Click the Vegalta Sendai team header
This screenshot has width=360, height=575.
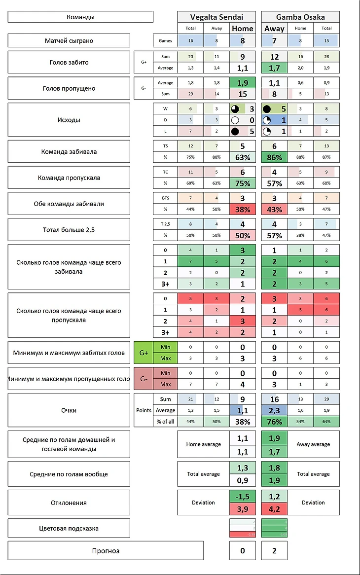click(x=216, y=17)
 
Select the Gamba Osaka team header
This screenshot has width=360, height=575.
click(x=300, y=17)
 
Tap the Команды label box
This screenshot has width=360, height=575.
click(x=80, y=17)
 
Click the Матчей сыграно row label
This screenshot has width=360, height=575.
click(x=69, y=40)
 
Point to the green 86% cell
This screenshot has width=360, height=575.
click(x=274, y=157)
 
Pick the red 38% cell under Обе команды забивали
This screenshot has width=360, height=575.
click(x=243, y=209)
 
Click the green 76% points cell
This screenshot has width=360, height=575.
click(x=274, y=422)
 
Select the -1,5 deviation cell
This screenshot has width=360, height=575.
click(x=243, y=497)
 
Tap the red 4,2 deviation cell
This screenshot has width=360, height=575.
click(x=274, y=509)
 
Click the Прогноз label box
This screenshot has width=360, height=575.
click(x=106, y=550)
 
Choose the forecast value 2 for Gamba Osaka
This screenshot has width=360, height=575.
click(x=274, y=550)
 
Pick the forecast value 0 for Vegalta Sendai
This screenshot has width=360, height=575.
click(x=242, y=550)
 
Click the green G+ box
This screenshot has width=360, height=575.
click(x=144, y=353)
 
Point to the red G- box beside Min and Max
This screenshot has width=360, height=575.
click(x=144, y=379)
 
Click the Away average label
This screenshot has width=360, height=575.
click(x=313, y=444)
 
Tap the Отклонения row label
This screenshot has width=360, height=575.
click(x=69, y=503)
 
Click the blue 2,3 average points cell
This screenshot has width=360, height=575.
click(x=274, y=410)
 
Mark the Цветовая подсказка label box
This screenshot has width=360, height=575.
click(x=69, y=528)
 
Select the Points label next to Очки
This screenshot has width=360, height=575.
click(x=144, y=410)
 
